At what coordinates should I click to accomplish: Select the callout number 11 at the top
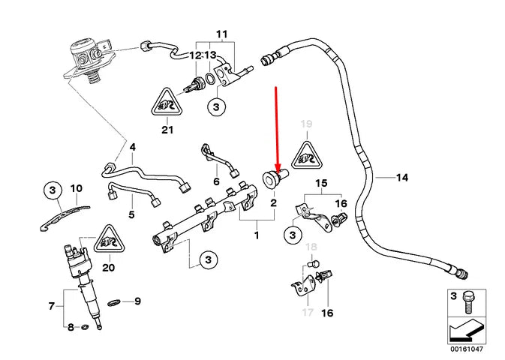221,35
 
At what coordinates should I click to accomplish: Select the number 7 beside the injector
52,305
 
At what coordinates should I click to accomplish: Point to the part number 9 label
137,301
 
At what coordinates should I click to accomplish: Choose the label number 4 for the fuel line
132,148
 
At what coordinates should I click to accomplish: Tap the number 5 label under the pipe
132,214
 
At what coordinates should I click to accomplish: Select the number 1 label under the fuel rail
256,235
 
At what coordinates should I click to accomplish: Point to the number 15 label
320,183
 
